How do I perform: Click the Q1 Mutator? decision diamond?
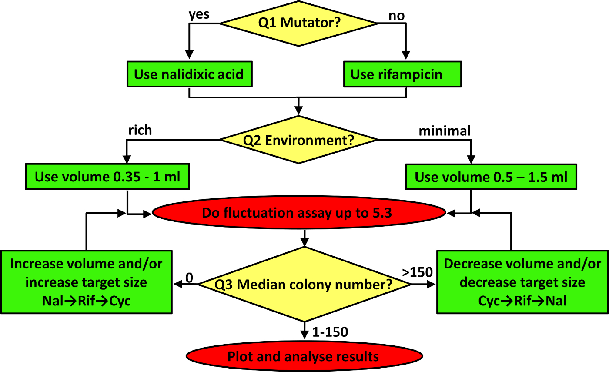[x=299, y=23]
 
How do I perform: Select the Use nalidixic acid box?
[x=188, y=74]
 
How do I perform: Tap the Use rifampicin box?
[x=402, y=74]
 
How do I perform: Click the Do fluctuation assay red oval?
[x=299, y=213]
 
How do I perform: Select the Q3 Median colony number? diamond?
[x=304, y=285]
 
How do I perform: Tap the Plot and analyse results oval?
[x=303, y=357]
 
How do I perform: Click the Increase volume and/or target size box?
[x=87, y=282]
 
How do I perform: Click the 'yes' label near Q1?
[x=199, y=14]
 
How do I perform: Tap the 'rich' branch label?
[x=140, y=130]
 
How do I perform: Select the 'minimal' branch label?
[x=445, y=131]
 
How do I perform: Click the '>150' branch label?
[x=417, y=272]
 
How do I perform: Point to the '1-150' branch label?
[x=330, y=332]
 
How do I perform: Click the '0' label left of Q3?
[x=189, y=276]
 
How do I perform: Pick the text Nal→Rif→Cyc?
[x=87, y=301]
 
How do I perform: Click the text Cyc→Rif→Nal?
[x=522, y=301]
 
